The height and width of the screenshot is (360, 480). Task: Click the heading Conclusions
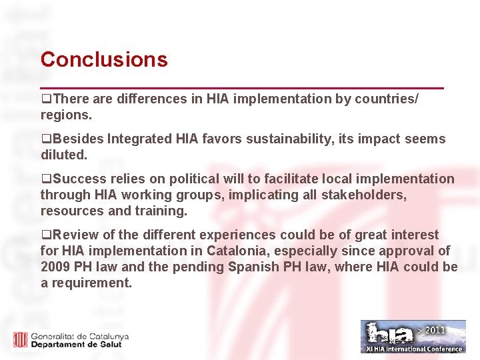[104, 60]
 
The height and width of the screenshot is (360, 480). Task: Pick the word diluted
[64, 155]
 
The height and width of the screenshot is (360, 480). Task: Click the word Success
[78, 179]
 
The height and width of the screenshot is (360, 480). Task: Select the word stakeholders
[364, 195]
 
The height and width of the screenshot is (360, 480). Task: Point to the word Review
[76, 235]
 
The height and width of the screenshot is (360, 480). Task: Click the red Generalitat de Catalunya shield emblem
[20, 339]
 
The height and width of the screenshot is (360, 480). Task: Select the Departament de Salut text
[81, 344]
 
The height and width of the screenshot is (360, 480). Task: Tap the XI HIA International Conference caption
[413, 349]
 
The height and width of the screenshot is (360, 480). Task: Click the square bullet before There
[45, 99]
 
